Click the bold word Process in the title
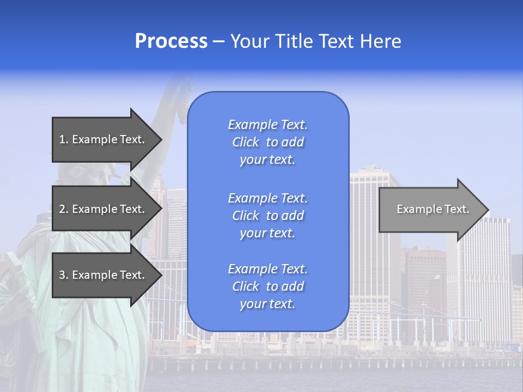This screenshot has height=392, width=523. (171, 41)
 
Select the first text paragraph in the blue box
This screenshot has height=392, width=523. (267, 142)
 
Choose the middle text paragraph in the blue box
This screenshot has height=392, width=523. (267, 216)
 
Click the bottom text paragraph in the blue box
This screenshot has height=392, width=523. (267, 286)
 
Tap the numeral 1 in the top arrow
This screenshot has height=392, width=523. (62, 139)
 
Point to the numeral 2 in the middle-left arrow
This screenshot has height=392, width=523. (62, 209)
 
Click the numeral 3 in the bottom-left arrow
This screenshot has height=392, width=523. (62, 275)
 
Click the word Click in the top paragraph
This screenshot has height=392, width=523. (246, 142)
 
